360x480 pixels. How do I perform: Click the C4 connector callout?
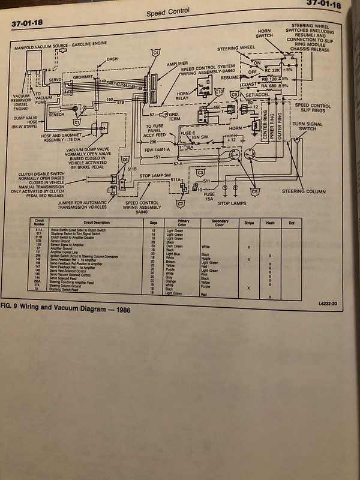[155, 53]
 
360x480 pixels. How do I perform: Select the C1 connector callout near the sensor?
[77, 121]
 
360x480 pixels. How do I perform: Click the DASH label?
[112, 60]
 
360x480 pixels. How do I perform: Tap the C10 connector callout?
[218, 93]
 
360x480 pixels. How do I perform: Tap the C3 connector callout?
[200, 170]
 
